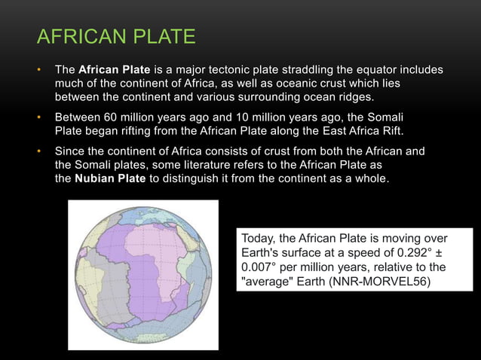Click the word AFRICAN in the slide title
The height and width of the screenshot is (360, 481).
pyautogui.click(x=78, y=36)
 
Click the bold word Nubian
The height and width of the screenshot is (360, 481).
pyautogui.click(x=94, y=179)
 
